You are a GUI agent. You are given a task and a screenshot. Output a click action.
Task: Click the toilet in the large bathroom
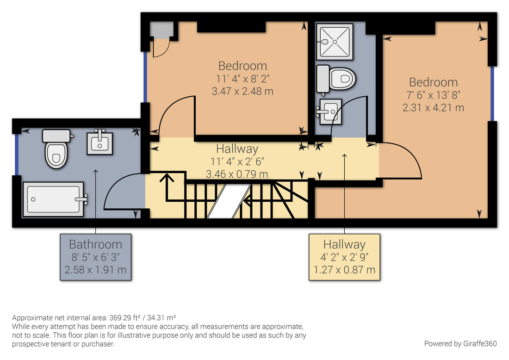coord(56,149)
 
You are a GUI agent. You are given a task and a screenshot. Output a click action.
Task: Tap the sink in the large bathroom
coord(99,142)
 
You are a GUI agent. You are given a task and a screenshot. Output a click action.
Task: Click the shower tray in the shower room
coord(335,42)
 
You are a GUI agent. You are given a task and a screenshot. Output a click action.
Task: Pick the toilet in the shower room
coord(336,79)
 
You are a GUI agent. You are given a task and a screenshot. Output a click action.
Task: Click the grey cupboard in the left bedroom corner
coord(161,30)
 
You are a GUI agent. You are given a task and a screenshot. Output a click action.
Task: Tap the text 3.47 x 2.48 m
coord(242,91)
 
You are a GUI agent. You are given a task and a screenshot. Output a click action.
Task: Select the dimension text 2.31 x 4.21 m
coord(433,107)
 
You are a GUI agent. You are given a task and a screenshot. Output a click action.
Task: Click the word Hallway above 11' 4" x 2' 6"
coord(237,149)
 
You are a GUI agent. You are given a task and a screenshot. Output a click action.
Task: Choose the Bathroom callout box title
coord(95,244)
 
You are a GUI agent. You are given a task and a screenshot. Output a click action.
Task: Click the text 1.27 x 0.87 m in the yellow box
coord(344,270)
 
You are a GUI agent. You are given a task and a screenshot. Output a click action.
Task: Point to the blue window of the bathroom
coord(17,155)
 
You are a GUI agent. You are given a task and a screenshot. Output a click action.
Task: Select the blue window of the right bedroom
coord(492,93)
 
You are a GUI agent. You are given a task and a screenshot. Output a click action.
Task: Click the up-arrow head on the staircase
coord(167,177)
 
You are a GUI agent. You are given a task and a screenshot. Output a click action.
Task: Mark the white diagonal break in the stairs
coord(229,201)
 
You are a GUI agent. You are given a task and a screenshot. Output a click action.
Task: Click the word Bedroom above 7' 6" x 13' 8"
coord(433,82)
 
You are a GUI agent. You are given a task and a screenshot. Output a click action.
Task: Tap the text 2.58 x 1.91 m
coord(95,270)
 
